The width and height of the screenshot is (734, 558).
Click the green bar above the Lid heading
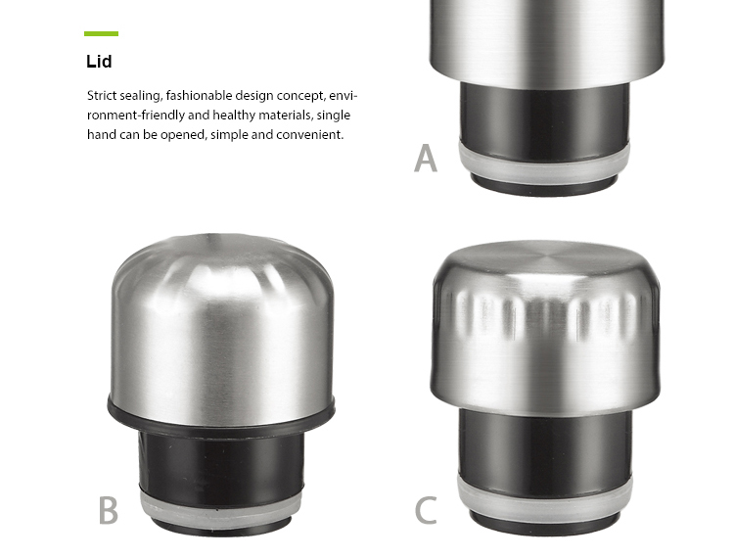coord(101,33)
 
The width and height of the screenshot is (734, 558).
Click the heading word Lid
coord(99,62)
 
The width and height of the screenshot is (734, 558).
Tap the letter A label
coord(426,159)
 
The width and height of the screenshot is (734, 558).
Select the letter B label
coord(108,510)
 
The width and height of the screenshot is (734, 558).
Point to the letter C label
coord(426,510)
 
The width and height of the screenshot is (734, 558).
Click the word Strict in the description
coord(102,96)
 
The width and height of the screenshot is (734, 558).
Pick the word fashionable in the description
coord(199,96)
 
